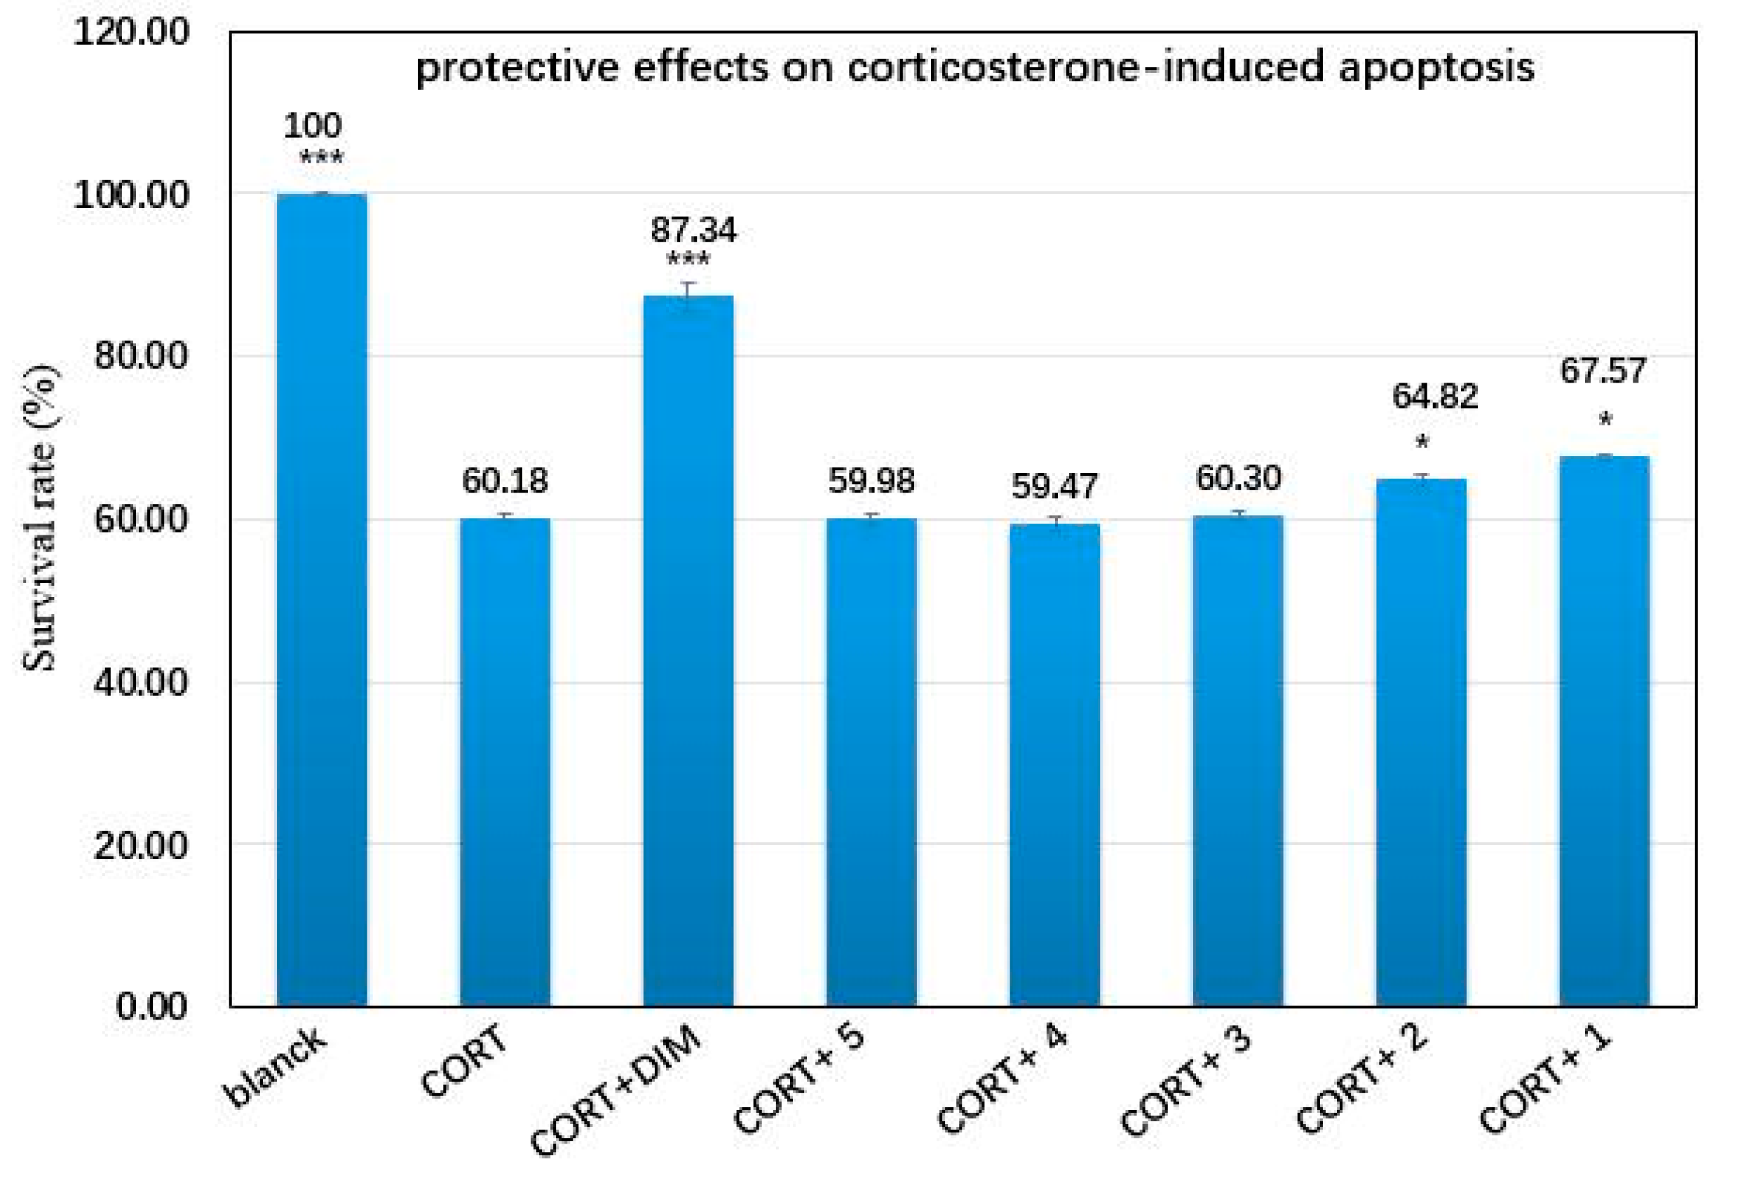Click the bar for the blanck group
point(322,600)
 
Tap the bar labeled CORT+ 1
point(1605,731)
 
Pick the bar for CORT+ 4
point(1055,765)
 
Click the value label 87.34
point(693,230)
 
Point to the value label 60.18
point(505,481)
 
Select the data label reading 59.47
point(1054,486)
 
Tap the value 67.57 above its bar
point(1603,371)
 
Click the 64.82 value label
point(1435,396)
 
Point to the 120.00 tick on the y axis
point(131,33)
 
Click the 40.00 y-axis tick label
point(141,683)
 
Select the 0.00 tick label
point(152,1006)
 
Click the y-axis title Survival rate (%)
point(39,518)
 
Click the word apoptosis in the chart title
point(1436,69)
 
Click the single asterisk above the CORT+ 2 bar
point(1422,441)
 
